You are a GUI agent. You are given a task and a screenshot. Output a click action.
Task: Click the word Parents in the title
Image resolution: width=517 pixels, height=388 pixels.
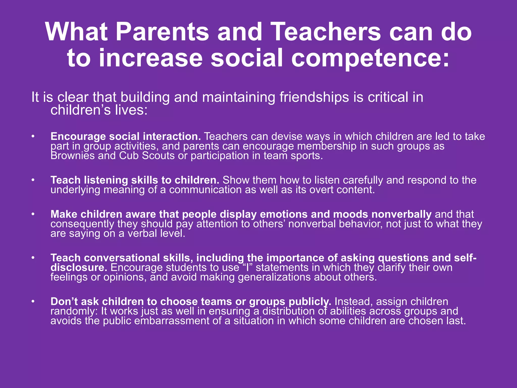click(162, 32)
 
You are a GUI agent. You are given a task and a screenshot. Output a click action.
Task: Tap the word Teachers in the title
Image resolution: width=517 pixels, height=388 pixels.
click(327, 32)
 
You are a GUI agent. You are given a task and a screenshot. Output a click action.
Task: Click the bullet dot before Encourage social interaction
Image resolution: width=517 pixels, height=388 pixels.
click(33, 137)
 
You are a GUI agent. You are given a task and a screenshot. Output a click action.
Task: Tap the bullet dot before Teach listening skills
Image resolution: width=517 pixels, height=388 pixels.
click(33, 180)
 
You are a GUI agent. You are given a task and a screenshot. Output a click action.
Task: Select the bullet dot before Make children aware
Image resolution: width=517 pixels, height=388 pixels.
click(33, 214)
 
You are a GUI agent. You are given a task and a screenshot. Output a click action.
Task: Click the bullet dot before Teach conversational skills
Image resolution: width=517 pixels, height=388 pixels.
click(33, 258)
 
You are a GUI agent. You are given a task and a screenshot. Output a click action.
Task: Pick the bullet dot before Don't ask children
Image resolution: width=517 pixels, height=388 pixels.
click(33, 302)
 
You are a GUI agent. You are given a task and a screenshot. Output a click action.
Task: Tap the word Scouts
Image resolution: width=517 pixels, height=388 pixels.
click(158, 156)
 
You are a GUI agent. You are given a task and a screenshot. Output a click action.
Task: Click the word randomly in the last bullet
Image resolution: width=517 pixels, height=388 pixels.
click(73, 311)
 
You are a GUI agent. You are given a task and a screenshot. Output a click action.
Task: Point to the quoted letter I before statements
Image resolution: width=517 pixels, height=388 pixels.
click(247, 268)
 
